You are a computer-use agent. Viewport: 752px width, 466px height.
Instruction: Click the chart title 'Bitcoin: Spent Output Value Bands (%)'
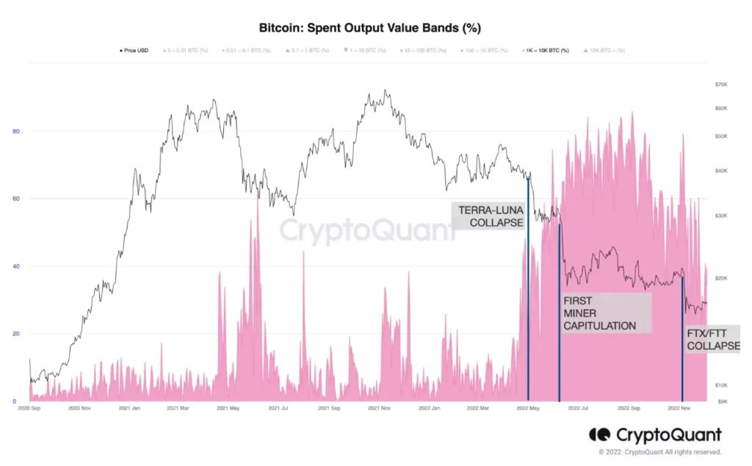point(370,28)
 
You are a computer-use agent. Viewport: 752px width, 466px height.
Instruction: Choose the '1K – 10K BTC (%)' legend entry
point(546,51)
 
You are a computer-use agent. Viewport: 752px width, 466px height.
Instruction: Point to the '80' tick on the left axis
point(15,131)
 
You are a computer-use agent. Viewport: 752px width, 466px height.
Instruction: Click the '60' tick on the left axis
point(15,199)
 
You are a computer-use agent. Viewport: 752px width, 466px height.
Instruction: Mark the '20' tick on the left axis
point(15,334)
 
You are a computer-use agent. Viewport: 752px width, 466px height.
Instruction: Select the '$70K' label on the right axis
point(720,85)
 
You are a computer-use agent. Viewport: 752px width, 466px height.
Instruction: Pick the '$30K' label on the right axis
point(720,216)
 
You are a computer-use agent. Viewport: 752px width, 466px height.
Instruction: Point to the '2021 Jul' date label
point(278,407)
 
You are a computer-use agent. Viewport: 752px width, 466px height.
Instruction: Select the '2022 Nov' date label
point(679,407)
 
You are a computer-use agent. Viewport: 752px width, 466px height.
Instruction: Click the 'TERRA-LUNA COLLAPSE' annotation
point(491,216)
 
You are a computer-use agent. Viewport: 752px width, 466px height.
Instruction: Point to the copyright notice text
point(659,452)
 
